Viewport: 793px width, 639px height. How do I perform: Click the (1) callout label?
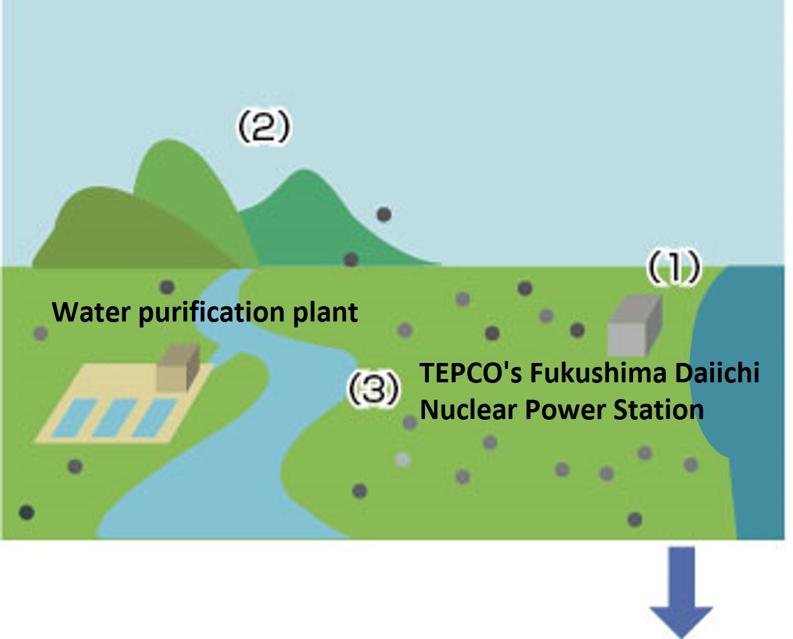coord(673,268)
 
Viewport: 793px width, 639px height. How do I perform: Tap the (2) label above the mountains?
coord(263,126)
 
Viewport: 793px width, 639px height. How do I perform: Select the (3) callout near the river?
coord(373,389)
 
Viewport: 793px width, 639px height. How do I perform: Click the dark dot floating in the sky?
coord(383,215)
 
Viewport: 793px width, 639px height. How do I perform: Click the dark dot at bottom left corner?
coord(25,513)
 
